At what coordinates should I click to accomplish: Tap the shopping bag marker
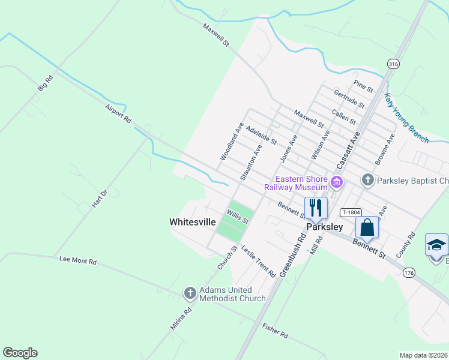click(x=367, y=227)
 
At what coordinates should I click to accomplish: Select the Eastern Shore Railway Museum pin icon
click(x=337, y=181)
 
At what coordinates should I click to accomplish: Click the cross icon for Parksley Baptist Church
click(x=367, y=180)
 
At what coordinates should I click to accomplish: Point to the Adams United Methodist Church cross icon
click(x=190, y=293)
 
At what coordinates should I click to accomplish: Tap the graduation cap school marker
click(x=436, y=245)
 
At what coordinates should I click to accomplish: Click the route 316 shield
click(x=393, y=64)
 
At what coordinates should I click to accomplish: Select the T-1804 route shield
click(x=351, y=212)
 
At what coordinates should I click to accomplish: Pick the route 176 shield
click(x=409, y=273)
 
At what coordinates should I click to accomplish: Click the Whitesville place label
click(x=193, y=222)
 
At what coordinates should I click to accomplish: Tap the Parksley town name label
click(x=324, y=227)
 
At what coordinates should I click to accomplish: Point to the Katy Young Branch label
click(x=407, y=118)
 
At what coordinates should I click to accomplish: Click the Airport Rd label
click(x=118, y=113)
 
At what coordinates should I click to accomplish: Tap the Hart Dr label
click(x=99, y=198)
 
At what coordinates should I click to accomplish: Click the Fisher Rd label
click(x=276, y=330)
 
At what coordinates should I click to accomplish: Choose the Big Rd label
click(x=46, y=83)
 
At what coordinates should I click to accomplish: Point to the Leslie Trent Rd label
click(x=258, y=260)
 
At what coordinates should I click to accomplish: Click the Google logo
click(x=20, y=353)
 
